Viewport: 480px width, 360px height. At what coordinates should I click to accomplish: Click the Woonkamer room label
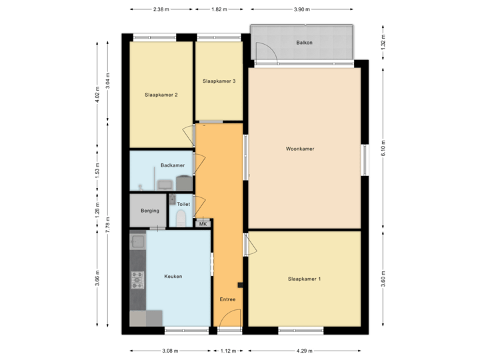[299, 149]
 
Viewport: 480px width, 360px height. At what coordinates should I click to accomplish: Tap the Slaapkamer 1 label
[305, 278]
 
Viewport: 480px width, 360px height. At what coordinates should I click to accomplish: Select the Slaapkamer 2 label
[161, 95]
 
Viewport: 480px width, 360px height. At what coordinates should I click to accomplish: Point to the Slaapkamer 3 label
[219, 81]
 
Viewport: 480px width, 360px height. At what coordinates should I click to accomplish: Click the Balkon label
[305, 43]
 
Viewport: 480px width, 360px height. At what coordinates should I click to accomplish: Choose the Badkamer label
[172, 165]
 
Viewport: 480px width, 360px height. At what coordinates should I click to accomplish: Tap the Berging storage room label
[150, 211]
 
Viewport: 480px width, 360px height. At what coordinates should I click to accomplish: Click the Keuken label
[173, 276]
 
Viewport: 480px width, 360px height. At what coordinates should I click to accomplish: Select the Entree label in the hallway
[228, 299]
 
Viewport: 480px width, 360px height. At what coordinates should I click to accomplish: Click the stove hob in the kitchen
[137, 280]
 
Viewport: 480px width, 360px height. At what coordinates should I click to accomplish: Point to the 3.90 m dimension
[302, 10]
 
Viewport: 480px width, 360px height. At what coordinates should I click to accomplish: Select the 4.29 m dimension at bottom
[305, 350]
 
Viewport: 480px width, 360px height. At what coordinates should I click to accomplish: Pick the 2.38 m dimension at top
[161, 10]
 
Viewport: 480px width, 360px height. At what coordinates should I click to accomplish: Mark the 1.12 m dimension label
[228, 350]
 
